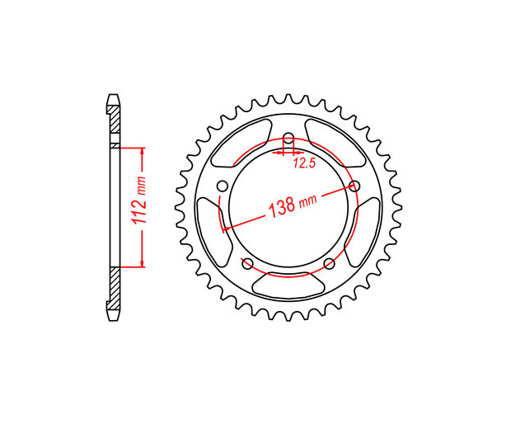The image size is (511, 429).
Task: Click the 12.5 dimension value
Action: [x=304, y=163]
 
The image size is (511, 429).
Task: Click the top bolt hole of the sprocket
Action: [x=288, y=137]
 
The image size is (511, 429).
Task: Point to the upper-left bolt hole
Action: [x=223, y=186]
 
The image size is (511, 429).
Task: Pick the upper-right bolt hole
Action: [x=354, y=186]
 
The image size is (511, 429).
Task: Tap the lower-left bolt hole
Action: [x=248, y=263]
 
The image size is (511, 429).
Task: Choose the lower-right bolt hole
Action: [x=330, y=263]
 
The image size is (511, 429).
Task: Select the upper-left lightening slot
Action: [x=241, y=143]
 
